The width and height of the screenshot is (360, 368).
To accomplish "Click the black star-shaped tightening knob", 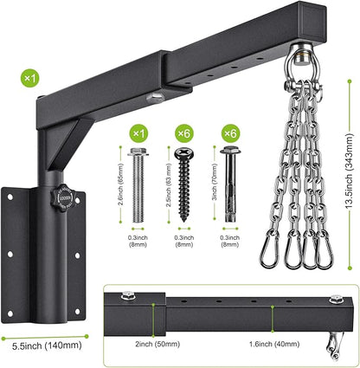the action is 63,197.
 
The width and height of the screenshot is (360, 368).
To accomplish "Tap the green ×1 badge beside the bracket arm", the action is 30,77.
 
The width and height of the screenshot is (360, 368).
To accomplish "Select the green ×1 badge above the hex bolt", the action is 139,133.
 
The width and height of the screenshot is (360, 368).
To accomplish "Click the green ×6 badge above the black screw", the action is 184,133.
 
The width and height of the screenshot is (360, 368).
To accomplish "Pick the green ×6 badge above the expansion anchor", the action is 230,133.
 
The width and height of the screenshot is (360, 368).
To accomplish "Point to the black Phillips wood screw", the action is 184,184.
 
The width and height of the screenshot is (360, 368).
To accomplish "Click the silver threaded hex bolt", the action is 138,185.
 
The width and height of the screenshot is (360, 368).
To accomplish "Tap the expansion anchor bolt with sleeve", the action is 230,184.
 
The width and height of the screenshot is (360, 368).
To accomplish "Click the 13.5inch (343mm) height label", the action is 349,171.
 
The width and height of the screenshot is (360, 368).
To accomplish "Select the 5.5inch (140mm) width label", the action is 47,345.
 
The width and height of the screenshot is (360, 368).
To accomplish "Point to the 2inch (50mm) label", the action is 157,344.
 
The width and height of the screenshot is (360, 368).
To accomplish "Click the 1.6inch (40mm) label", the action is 274,344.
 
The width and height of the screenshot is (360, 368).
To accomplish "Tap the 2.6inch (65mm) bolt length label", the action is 120,184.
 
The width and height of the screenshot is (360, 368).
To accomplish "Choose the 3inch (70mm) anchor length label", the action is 215,182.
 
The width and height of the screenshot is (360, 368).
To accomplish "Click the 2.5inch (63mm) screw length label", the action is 169,185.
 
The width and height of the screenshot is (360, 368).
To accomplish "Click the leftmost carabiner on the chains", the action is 268,249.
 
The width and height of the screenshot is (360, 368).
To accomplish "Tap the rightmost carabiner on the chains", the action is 325,250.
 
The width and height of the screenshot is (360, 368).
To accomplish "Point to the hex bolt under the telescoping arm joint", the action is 155,99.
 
